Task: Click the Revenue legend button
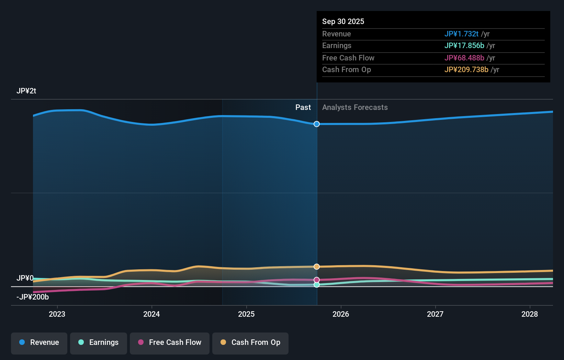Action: [x=39, y=344]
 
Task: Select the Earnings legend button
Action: [x=99, y=344]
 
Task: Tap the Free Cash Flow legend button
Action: [x=169, y=344]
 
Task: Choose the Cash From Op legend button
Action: [x=250, y=344]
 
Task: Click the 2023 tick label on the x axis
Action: [x=57, y=314]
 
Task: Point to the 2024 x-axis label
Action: [x=151, y=314]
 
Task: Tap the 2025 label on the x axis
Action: [x=246, y=314]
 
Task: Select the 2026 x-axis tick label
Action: [x=341, y=314]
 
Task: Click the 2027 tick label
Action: [x=435, y=314]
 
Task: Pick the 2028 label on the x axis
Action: [x=530, y=314]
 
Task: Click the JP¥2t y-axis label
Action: [x=26, y=91]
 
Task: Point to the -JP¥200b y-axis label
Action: [x=33, y=297]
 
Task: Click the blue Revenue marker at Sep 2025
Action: [x=317, y=124]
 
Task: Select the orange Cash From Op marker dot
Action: [x=317, y=267]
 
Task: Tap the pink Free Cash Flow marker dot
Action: [x=317, y=280]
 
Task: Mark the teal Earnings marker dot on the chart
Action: [x=317, y=285]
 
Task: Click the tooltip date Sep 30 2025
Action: [x=343, y=21]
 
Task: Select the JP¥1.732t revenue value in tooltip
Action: [x=462, y=34]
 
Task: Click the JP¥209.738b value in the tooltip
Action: [x=466, y=69]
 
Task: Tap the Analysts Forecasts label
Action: [x=355, y=108]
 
